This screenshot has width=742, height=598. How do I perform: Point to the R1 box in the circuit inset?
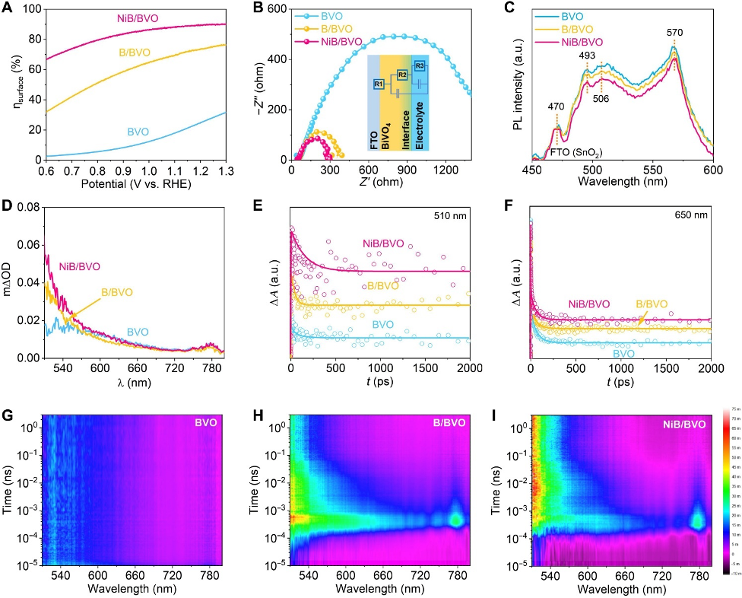379,83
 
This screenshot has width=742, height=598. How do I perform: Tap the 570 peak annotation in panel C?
674,33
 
